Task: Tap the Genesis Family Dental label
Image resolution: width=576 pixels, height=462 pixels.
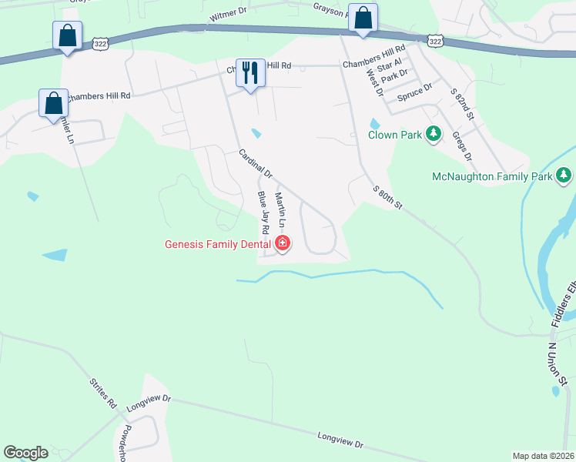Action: (x=217, y=245)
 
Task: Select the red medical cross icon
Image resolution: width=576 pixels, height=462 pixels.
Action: (x=283, y=245)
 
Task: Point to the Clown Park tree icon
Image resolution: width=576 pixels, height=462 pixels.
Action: (x=434, y=135)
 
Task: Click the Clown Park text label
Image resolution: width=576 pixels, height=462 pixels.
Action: (x=394, y=136)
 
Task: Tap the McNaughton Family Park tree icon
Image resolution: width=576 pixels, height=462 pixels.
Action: (x=564, y=176)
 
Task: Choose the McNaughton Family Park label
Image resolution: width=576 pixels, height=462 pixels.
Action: (x=492, y=177)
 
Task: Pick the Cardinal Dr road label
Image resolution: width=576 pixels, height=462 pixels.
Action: (x=256, y=162)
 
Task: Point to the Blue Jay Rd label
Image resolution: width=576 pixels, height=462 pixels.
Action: (x=263, y=213)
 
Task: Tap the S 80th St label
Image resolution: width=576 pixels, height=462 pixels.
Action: (x=388, y=198)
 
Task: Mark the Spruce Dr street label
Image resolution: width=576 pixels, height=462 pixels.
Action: (x=415, y=95)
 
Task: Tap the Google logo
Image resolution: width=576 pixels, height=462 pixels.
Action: (x=25, y=453)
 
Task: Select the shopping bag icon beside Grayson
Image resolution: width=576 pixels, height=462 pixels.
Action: (x=363, y=17)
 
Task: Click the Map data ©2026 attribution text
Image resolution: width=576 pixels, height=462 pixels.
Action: (x=543, y=456)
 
